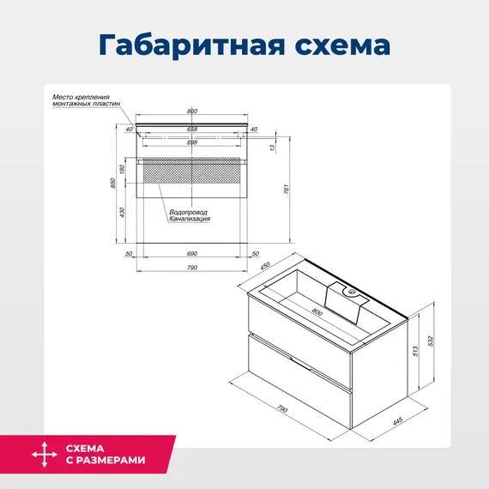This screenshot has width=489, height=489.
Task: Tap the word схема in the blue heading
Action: pos(344,44)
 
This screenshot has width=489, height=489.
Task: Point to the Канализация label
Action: pos(190,219)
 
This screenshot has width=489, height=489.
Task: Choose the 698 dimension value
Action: pos(191,142)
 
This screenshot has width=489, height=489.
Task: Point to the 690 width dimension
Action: pos(192,254)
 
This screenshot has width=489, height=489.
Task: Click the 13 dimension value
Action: pos(272,148)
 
